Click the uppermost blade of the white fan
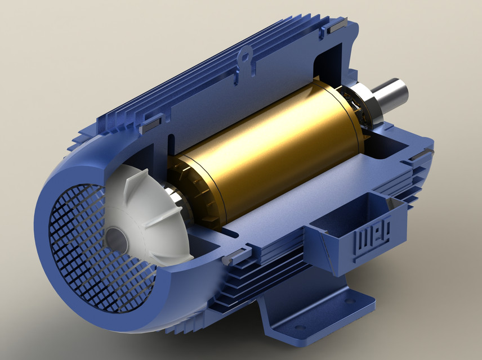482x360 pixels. pyautogui.click(x=134, y=179)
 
